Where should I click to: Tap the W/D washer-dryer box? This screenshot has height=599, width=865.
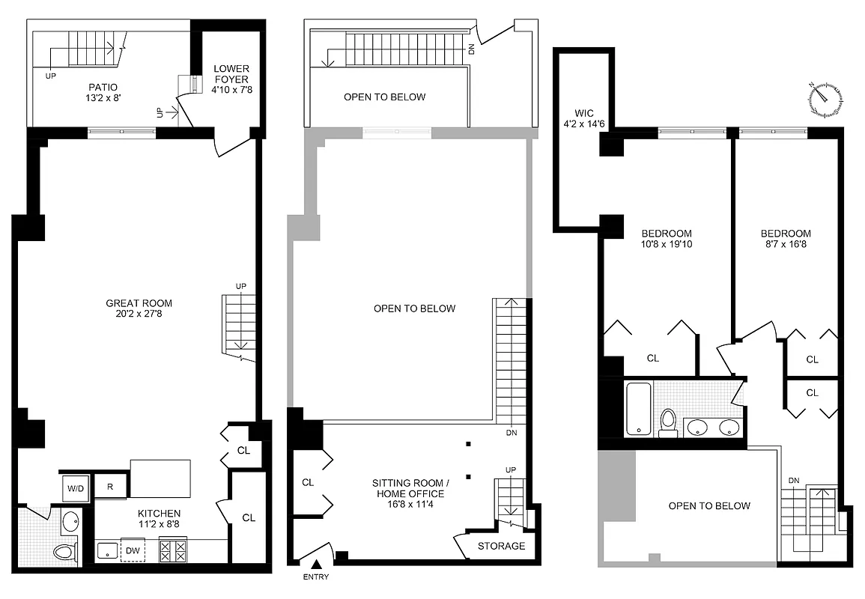tap(76, 489)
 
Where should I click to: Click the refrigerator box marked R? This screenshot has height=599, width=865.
tap(109, 487)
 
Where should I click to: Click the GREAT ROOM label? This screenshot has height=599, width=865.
tap(139, 303)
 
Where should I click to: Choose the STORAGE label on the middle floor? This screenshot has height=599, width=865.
tap(501, 546)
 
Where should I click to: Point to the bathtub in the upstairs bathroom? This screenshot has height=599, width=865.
tap(637, 409)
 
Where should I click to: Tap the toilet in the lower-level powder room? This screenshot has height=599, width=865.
tap(65, 552)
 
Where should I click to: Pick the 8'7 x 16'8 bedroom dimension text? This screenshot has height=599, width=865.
tap(784, 244)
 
